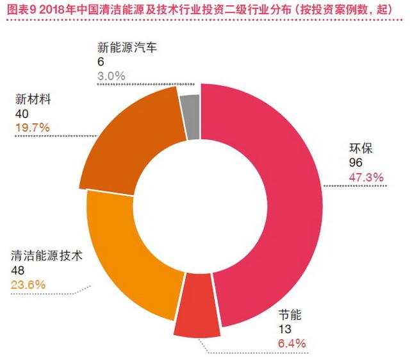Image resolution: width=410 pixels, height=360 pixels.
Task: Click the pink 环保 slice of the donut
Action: pos(282,193)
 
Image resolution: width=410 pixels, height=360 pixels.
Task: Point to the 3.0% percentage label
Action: pos(111,76)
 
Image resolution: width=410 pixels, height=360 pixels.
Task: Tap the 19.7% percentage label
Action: pos(32,127)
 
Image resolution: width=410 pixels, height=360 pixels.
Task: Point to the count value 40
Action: pos(21,114)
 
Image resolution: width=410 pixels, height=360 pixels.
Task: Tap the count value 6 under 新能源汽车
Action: pos(101,62)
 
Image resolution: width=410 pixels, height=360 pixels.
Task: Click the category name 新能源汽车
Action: pos(127,47)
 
